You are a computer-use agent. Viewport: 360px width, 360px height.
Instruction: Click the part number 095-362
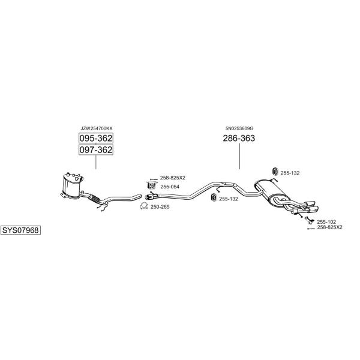(x=96, y=138)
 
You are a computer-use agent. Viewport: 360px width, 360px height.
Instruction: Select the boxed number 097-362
(x=96, y=149)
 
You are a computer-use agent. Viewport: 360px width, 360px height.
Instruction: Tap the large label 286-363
(x=239, y=138)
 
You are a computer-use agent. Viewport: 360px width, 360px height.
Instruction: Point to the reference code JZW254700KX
(x=97, y=128)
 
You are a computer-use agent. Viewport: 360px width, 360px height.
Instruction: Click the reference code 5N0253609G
(x=239, y=128)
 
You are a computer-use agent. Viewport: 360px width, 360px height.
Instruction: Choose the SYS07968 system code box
(x=20, y=230)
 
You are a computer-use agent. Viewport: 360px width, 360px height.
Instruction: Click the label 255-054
(x=170, y=187)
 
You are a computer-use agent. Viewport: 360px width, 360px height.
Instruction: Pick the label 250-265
(x=160, y=207)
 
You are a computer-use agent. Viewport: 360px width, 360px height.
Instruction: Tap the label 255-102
(x=326, y=222)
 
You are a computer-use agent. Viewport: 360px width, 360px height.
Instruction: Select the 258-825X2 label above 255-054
(x=173, y=178)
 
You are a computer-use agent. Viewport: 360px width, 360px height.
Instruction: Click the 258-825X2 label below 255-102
(x=329, y=227)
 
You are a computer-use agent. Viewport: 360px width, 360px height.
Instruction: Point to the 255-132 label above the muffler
(x=290, y=173)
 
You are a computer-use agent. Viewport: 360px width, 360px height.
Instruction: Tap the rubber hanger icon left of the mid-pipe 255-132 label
(x=214, y=197)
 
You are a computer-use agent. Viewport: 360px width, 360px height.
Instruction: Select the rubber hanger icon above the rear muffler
(x=275, y=172)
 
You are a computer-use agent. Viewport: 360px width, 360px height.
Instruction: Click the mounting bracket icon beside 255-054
(x=151, y=185)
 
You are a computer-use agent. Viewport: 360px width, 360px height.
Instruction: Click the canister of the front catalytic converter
(x=71, y=186)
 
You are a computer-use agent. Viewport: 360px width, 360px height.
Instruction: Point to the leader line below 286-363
(x=239, y=157)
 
